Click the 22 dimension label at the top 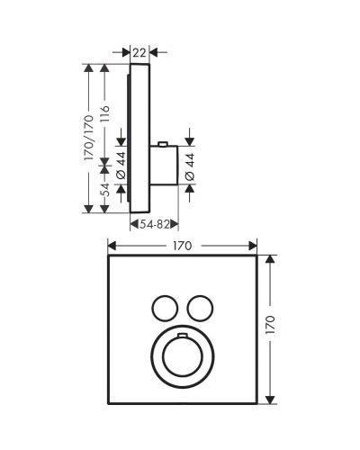tap(139, 53)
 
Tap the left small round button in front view tap(164, 308)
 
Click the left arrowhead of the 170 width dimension tap(111, 244)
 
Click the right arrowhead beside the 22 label tap(152, 53)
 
